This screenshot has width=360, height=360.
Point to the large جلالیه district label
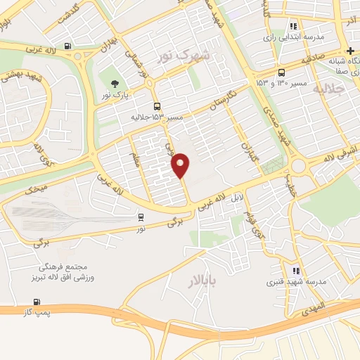330,90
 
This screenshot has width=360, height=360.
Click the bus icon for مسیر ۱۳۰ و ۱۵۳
282,72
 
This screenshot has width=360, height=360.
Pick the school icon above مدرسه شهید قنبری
296,270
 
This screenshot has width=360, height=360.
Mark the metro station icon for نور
141,217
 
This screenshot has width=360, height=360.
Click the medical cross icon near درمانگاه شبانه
349,49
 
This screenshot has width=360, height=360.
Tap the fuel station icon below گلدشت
67,46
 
